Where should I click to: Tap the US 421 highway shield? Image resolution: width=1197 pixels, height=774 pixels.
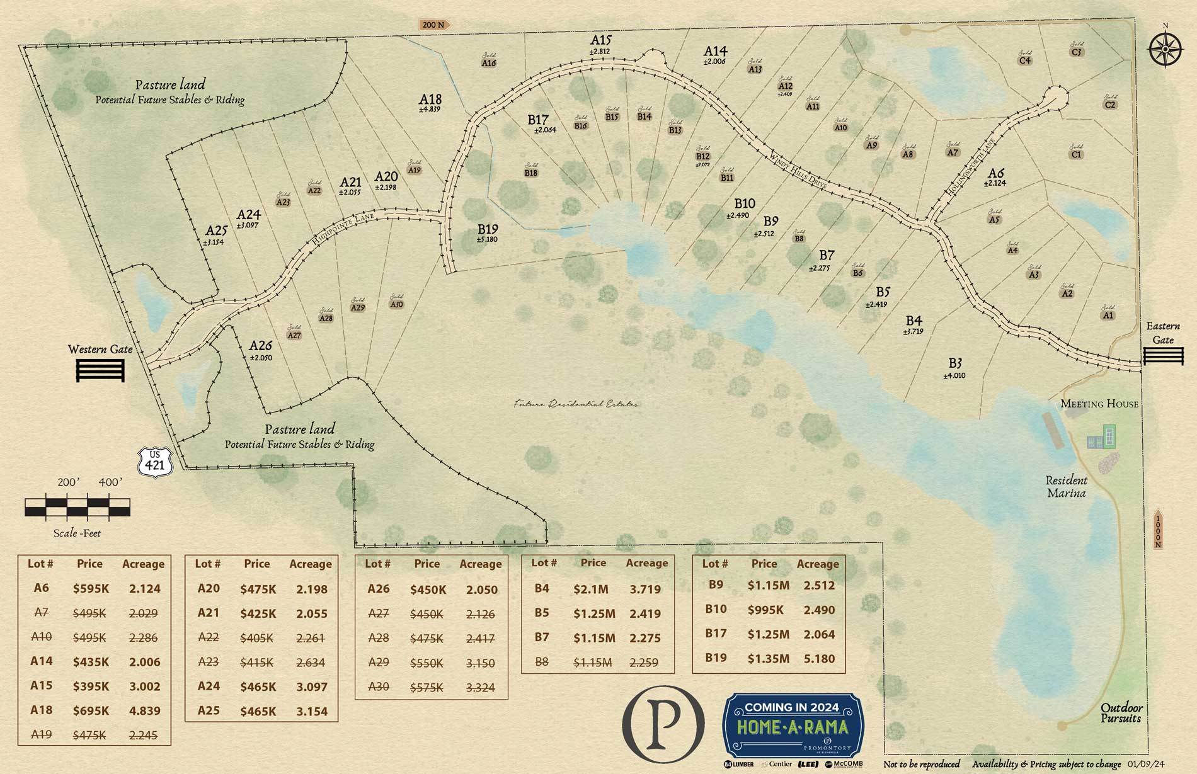153,461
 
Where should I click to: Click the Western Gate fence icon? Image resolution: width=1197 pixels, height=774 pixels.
100,370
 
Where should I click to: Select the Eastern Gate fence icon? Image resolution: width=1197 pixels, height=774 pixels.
1163,356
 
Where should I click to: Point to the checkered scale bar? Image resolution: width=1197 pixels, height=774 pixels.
77,506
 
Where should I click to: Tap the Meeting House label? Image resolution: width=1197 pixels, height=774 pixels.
1099,404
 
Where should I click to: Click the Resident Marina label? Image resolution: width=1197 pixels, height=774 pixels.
1066,486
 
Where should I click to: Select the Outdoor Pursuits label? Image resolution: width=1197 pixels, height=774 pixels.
1121,712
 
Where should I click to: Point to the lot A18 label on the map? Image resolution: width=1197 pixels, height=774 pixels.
430,100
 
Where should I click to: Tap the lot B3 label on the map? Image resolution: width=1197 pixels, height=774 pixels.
954,363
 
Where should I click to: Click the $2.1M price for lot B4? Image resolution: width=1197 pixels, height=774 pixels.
590,589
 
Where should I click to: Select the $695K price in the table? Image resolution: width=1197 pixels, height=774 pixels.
91,710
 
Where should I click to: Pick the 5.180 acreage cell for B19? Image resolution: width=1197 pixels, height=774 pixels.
819,659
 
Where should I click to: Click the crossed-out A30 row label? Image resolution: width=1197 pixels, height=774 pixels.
378,686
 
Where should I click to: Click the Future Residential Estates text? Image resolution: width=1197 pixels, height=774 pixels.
575,404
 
